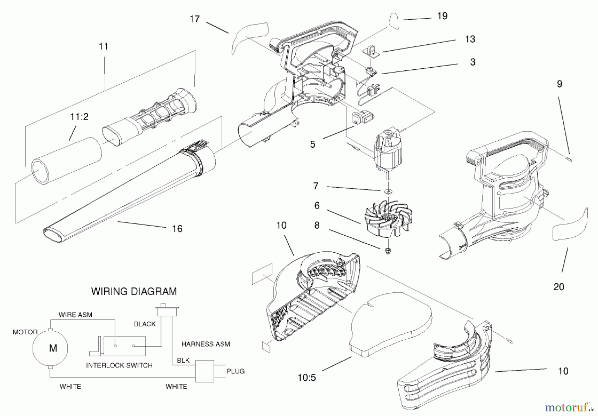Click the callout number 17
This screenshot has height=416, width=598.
click(x=195, y=19)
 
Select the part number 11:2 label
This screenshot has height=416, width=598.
click(x=79, y=117)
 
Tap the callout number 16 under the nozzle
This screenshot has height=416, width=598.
click(x=177, y=229)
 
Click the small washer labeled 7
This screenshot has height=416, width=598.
click(x=388, y=191)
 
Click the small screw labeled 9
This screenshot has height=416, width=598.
click(x=570, y=160)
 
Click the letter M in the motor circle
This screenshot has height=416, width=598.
click(x=53, y=348)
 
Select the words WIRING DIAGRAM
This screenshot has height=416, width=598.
click(x=134, y=291)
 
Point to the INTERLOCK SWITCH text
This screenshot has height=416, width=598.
click(x=119, y=366)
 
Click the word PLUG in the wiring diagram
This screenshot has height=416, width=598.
click(x=236, y=371)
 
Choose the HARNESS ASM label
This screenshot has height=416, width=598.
click(x=206, y=344)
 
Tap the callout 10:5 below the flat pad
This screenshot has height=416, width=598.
click(x=306, y=378)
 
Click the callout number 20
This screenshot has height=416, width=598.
click(x=559, y=287)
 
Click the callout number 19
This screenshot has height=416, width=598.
click(x=442, y=16)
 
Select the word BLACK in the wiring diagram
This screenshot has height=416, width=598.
click(x=145, y=324)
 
